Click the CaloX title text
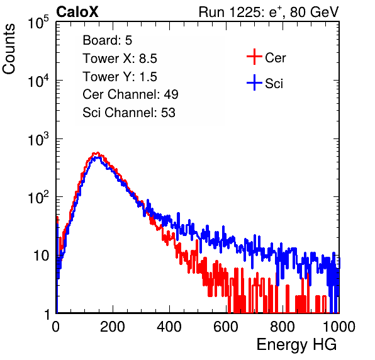click(x=77, y=12)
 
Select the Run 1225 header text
click(x=269, y=12)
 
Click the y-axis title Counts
click(x=9, y=49)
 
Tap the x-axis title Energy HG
click(x=297, y=345)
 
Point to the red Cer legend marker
click(x=254, y=57)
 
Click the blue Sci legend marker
click(x=254, y=82)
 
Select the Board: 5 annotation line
click(x=108, y=40)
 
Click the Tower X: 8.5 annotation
click(x=120, y=59)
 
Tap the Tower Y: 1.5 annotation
click(x=120, y=77)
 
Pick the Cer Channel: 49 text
click(x=131, y=94)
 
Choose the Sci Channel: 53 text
click(x=129, y=113)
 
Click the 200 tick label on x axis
click(x=113, y=327)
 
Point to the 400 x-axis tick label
click(x=169, y=327)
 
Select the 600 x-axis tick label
click(x=226, y=327)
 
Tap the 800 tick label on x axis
click(x=283, y=327)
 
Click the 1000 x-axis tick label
click(x=339, y=327)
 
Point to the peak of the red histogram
click(x=97, y=152)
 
